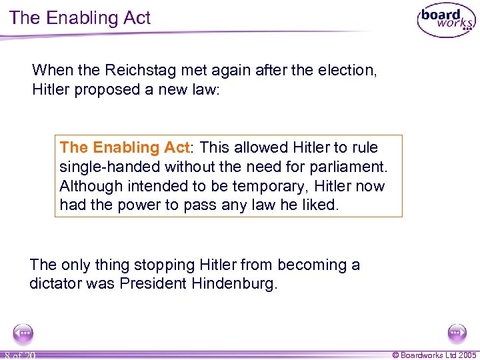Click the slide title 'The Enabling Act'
tap(81, 18)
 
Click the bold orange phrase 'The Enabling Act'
tap(125, 147)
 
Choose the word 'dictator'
tap(57, 284)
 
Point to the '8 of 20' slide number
tap(20, 355)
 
